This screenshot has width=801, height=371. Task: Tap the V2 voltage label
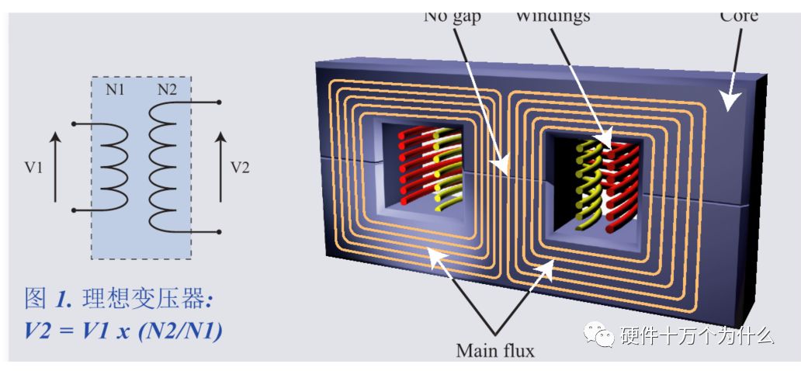[241, 168]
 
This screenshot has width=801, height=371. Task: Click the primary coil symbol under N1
[113, 166]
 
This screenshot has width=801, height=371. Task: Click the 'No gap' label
[453, 16]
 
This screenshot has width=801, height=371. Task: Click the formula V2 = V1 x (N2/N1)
[123, 331]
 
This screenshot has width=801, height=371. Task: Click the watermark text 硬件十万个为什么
[697, 335]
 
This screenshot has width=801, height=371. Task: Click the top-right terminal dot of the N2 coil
[220, 102]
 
